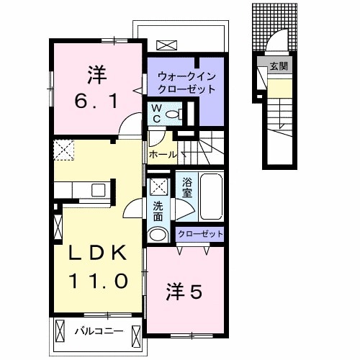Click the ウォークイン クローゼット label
click(x=186, y=82)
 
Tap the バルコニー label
click(x=99, y=331)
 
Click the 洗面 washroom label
click(x=158, y=210)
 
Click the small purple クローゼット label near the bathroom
click(x=199, y=234)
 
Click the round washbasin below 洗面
click(x=158, y=235)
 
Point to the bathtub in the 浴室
click(x=211, y=197)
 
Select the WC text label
click(x=154, y=113)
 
